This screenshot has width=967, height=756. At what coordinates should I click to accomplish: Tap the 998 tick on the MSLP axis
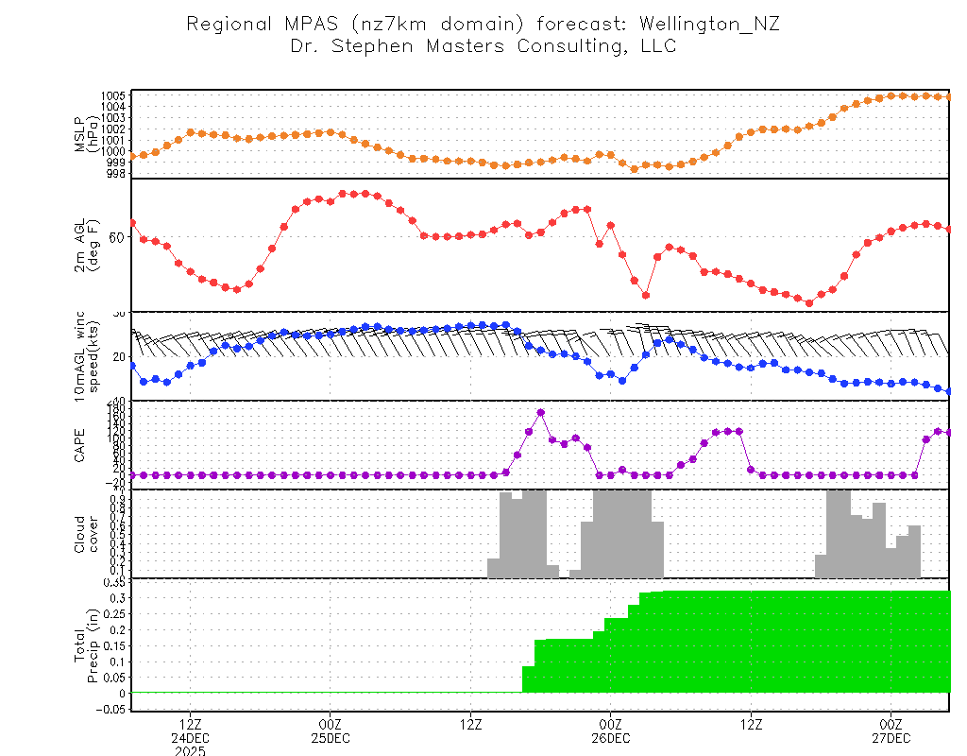coord(116,173)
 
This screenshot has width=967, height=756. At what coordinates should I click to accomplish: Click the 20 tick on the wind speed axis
coord(118,356)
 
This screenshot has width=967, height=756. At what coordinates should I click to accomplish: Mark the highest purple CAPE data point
coord(541,413)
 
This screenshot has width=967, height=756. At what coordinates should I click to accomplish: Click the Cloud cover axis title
coord(87,533)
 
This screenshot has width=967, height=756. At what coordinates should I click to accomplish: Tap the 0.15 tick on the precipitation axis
coord(114,645)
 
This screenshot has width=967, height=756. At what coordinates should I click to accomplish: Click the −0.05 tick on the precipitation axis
coord(110,709)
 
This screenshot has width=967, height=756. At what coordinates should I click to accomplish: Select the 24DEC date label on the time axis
coord(190,737)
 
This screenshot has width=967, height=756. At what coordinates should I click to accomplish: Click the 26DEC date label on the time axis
coord(611,737)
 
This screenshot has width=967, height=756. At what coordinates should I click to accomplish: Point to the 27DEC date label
coord(891,737)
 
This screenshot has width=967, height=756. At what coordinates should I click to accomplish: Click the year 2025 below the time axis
coord(190,751)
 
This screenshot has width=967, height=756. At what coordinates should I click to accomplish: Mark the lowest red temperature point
coord(809,302)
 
